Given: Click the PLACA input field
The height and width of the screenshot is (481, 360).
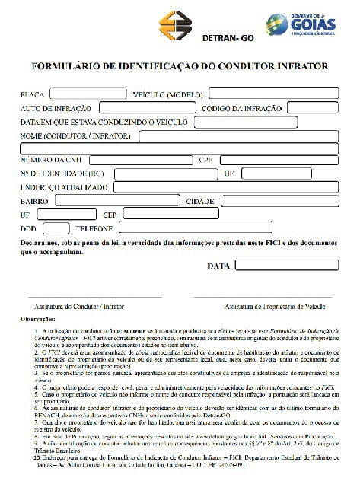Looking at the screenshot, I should coord(88,94).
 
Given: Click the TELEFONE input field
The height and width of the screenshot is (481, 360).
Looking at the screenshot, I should coord(163,228).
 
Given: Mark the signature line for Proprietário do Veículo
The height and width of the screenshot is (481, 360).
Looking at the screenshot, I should coord(263,296).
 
